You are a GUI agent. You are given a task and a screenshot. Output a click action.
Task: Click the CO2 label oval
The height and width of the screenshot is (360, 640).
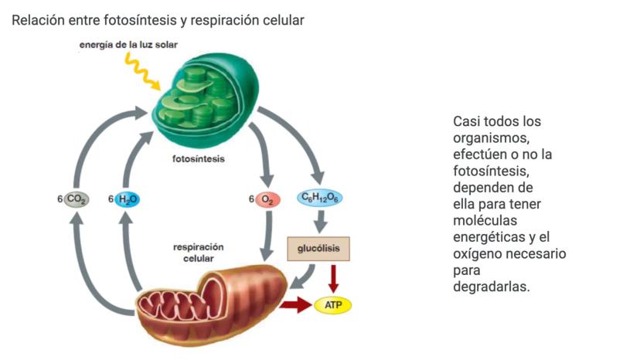77,199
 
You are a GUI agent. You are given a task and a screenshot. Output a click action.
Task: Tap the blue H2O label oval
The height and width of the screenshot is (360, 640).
128,199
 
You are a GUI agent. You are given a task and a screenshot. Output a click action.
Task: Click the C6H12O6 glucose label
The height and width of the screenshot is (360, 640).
320,199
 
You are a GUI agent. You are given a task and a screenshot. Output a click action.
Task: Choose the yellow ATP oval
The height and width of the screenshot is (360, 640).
333,305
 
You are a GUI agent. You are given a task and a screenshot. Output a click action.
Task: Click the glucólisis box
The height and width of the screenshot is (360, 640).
318,248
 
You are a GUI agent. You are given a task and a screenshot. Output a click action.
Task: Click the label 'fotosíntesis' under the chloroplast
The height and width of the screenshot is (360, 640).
199,159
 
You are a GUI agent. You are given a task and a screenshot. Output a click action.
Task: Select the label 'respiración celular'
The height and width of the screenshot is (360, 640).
198,253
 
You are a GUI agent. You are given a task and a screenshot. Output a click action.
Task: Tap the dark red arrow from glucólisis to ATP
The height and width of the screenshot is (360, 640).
334,278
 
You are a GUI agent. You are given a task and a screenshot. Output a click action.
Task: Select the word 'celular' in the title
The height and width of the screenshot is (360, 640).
281,20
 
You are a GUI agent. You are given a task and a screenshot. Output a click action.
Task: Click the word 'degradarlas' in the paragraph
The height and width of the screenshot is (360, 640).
492,286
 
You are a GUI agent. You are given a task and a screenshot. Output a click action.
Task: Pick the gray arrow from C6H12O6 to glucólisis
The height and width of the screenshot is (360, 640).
320,222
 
